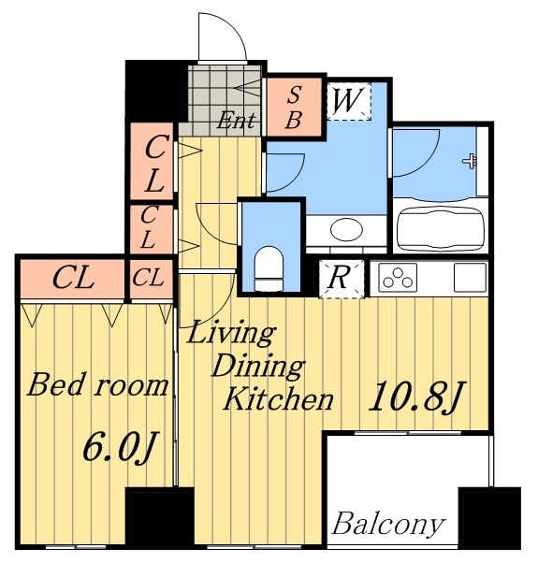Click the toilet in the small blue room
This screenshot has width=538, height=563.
(x=269, y=265)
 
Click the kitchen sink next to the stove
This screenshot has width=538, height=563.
(x=469, y=278)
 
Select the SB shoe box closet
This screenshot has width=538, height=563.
(x=292, y=107)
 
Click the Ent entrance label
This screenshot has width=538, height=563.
(x=238, y=120)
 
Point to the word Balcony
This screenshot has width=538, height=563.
(x=386, y=524)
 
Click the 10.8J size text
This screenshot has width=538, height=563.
(x=415, y=398)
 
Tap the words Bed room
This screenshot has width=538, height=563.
(x=97, y=384)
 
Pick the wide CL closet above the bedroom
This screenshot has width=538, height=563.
(x=71, y=277)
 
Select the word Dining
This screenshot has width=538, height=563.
(x=256, y=366)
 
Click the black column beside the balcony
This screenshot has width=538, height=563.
(x=487, y=516)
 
